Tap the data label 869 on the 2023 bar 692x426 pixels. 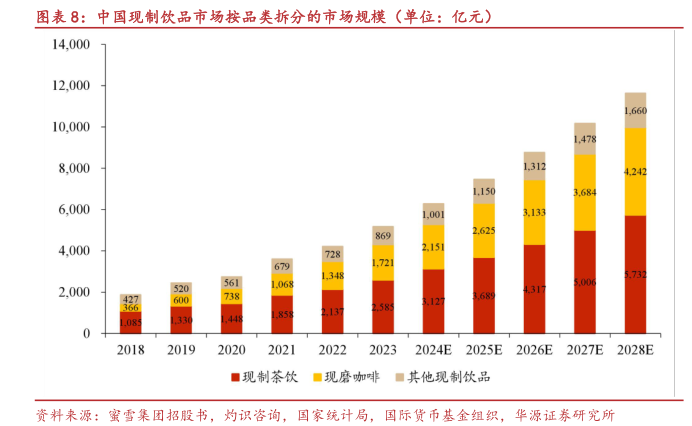tap(383, 236)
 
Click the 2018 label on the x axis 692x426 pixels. tap(131, 350)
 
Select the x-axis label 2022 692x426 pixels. tap(332, 350)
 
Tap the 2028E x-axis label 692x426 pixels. tap(634, 350)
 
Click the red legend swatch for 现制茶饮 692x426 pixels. tap(235, 377)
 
